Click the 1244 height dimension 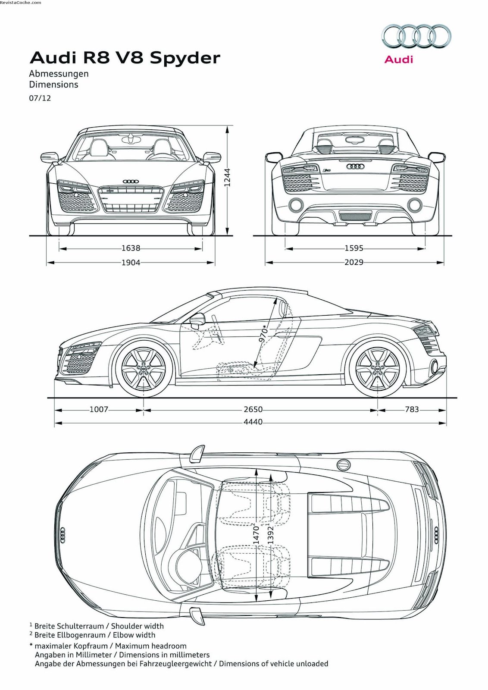[228, 177]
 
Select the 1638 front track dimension [131, 248]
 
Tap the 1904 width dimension [131, 262]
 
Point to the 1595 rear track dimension [354, 248]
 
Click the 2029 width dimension [354, 262]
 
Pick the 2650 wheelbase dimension [253, 409]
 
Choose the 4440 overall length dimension [253, 422]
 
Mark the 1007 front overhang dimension [99, 409]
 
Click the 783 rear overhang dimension [412, 409]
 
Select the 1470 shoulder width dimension [256, 534]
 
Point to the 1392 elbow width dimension [271, 536]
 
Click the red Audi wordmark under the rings [398, 60]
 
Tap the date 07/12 [40, 98]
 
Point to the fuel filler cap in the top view [344, 464]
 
